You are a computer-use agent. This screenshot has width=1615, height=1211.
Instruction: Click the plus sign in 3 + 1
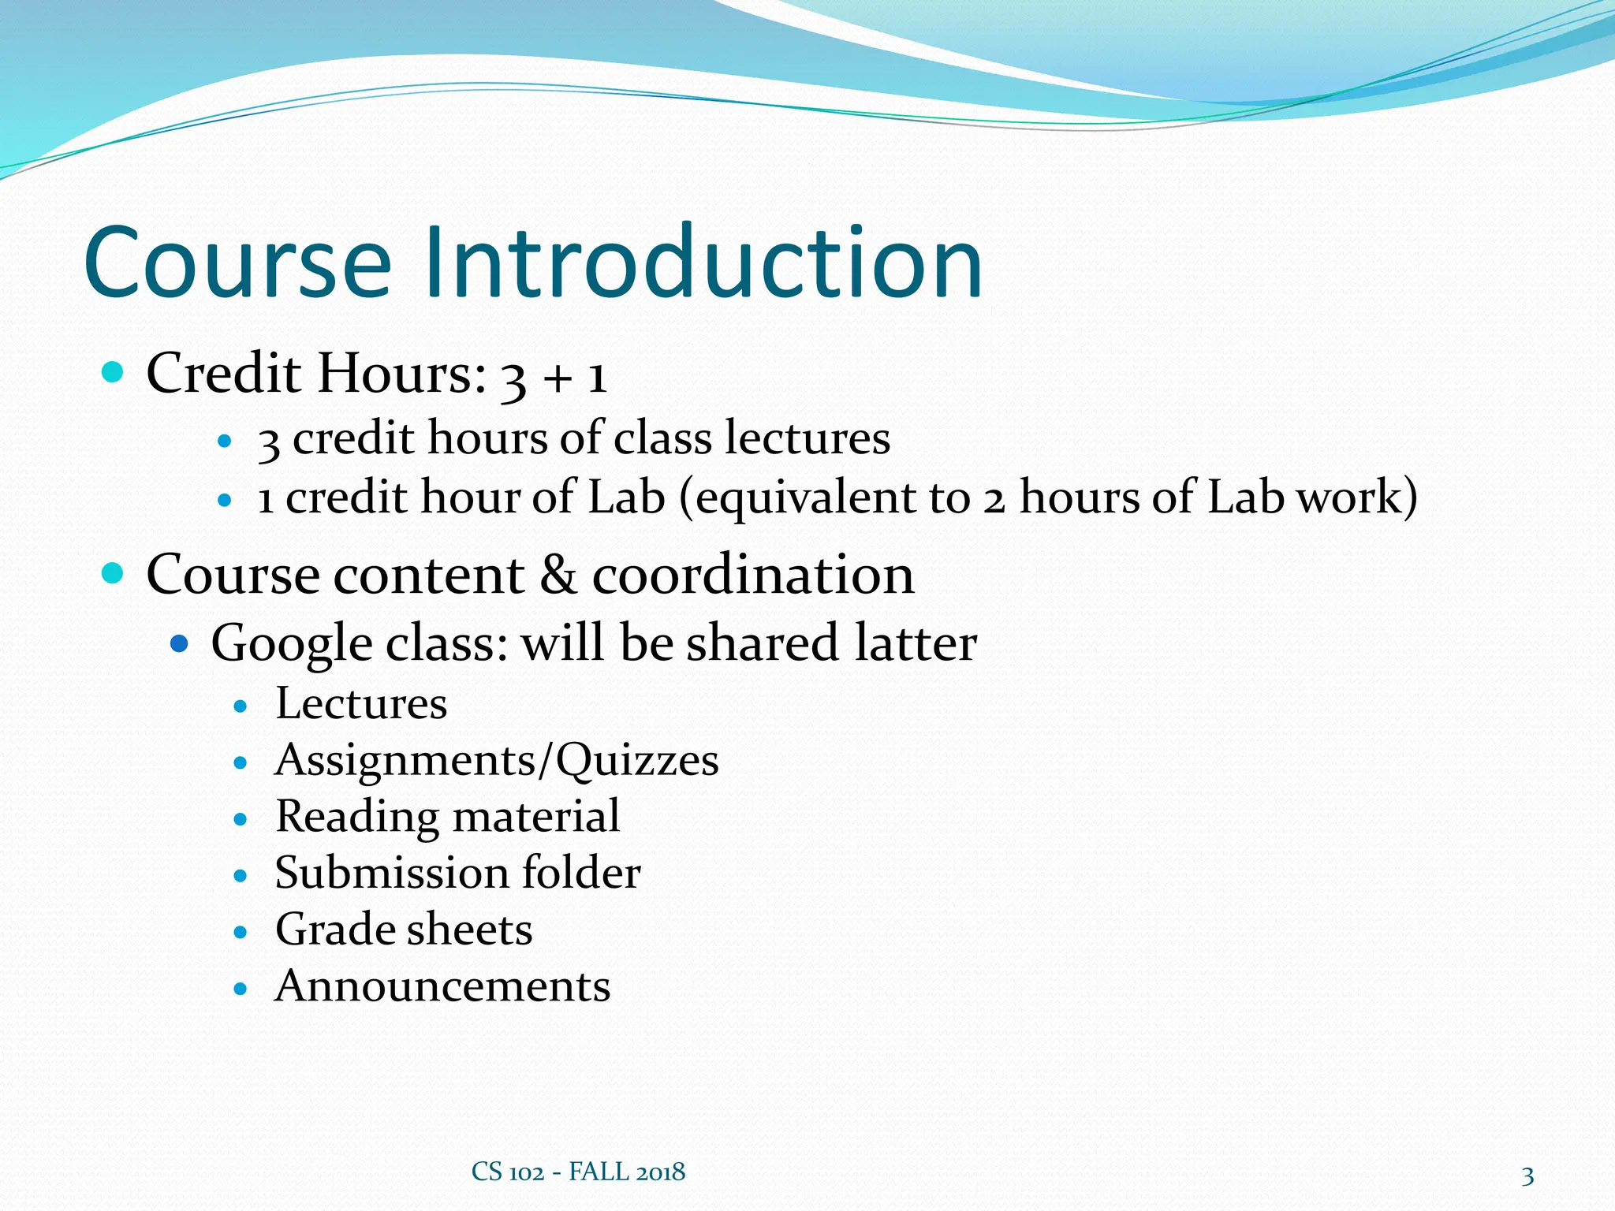[x=557, y=377]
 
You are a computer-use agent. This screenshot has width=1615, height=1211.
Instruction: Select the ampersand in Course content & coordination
[x=558, y=574]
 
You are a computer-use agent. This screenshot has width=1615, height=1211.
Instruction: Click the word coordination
[x=753, y=574]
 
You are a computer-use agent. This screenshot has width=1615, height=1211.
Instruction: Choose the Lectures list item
[x=361, y=703]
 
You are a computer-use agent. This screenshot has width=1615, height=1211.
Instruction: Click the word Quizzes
[x=637, y=761]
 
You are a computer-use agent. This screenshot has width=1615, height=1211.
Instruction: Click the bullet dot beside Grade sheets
[x=241, y=932]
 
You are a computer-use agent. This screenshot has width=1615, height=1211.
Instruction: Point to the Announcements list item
[x=442, y=986]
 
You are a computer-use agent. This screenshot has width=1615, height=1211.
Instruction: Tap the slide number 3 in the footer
[x=1527, y=1176]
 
